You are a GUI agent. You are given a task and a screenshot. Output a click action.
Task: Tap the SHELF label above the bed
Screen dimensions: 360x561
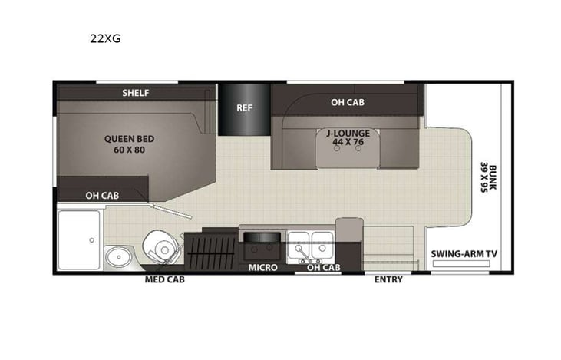tap(136, 93)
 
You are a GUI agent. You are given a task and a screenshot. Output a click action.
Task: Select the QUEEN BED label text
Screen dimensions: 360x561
tap(130, 144)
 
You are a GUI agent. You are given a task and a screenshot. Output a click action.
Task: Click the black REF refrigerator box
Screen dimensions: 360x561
tap(244, 108)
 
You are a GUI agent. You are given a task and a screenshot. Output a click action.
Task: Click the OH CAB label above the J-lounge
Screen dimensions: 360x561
tap(347, 102)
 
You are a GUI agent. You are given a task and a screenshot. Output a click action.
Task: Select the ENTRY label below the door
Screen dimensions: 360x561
tap(388, 279)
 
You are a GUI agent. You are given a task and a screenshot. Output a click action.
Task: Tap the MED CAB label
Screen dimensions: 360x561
tap(165, 279)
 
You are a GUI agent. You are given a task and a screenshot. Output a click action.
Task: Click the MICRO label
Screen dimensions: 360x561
tap(262, 268)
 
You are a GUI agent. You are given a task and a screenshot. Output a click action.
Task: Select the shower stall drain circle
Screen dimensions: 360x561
tap(92, 240)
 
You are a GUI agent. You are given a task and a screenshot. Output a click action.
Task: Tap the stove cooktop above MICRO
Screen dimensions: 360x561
tap(261, 247)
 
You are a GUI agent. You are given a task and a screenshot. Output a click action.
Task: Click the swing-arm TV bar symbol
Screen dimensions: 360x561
tap(461, 263)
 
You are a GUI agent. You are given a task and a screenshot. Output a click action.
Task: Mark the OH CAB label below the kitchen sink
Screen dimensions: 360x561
tap(323, 268)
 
